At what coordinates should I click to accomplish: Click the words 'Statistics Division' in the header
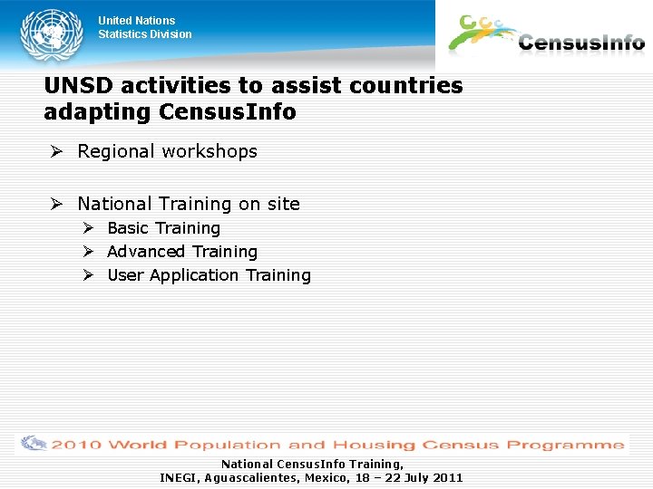tap(145, 34)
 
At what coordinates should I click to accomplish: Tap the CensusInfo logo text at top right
tap(581, 43)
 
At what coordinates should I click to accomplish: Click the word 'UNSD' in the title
tap(79, 86)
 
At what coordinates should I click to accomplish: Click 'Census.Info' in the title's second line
tap(228, 112)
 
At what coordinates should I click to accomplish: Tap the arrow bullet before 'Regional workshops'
tap(56, 152)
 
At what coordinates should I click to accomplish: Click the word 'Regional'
tap(116, 152)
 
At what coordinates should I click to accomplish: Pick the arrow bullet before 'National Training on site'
tap(56, 205)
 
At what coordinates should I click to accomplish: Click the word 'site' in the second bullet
tap(282, 205)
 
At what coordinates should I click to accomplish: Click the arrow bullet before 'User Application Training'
tap(89, 275)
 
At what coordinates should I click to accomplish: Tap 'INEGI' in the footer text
tap(179, 477)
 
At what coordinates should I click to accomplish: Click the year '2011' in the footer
tap(447, 477)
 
